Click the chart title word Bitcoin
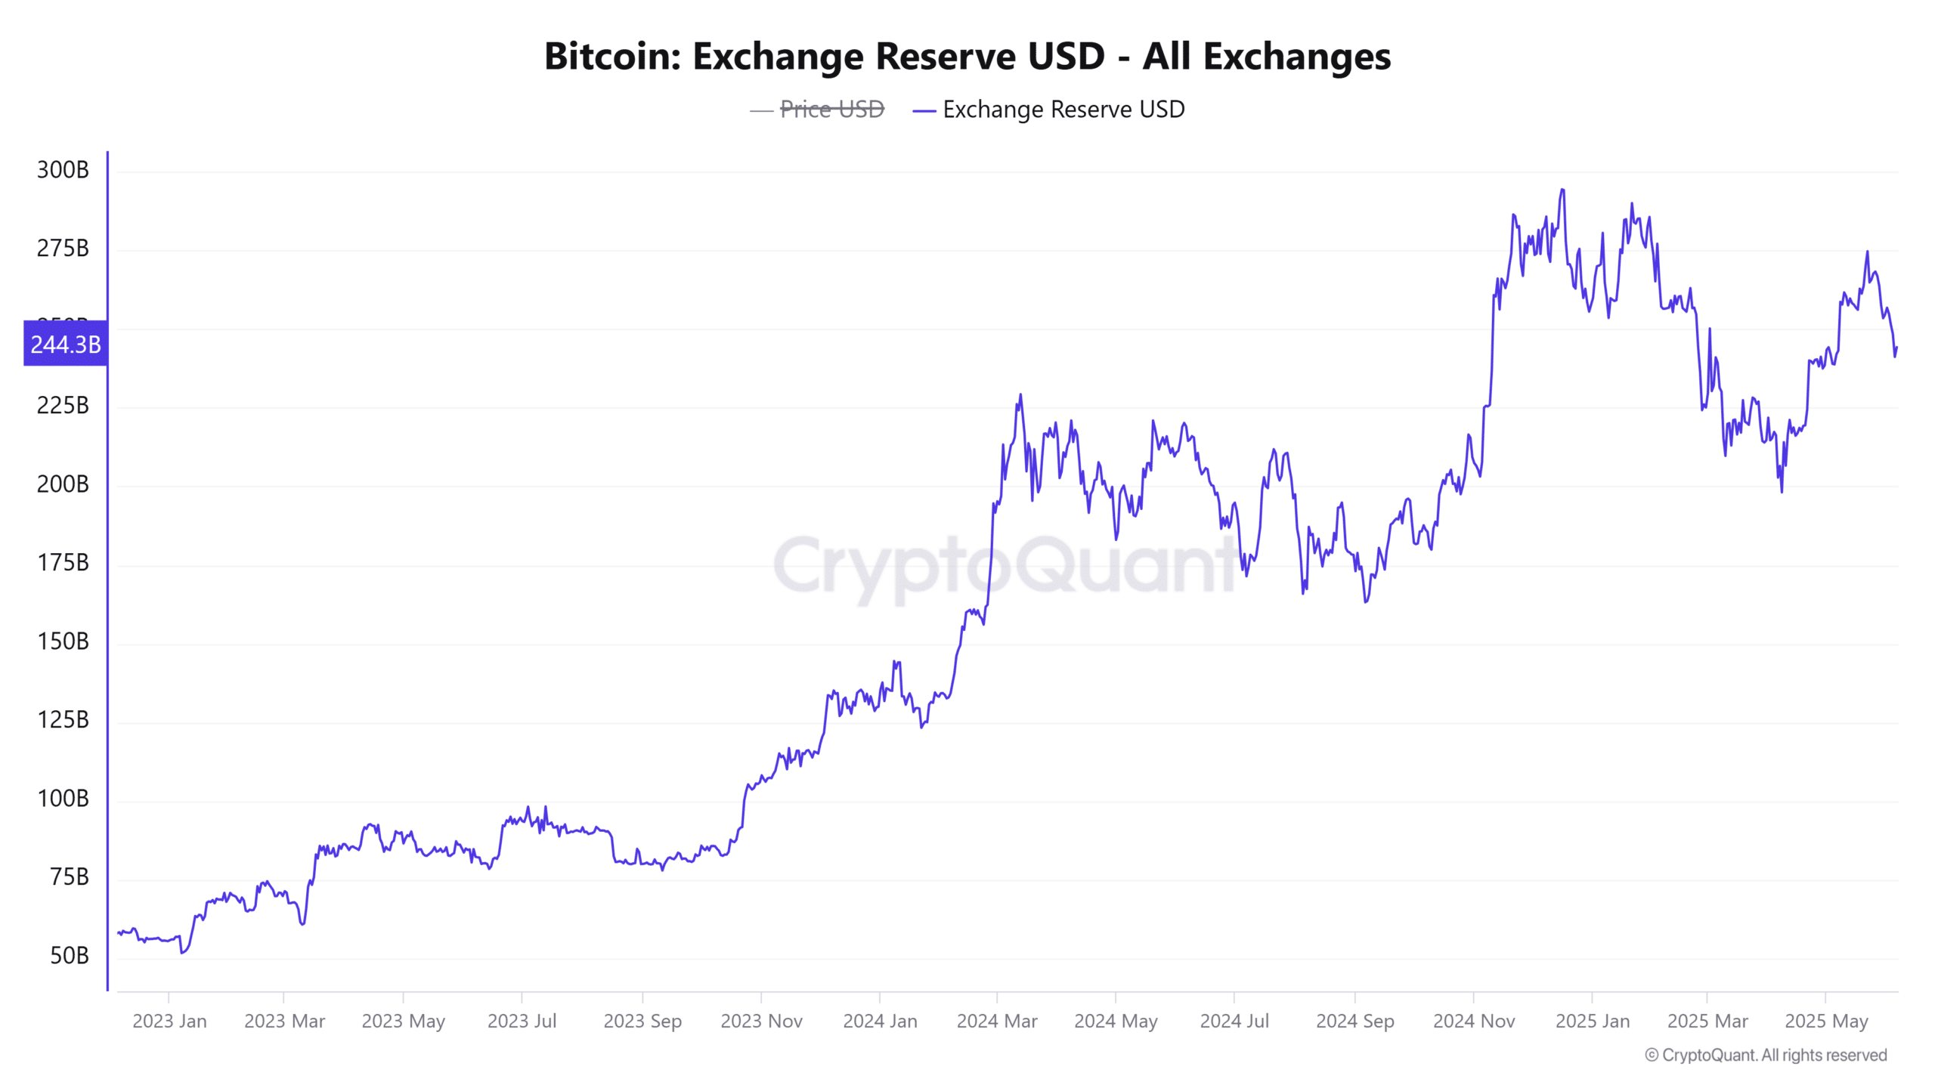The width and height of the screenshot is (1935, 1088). point(611,57)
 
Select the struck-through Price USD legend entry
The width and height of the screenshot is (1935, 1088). point(831,110)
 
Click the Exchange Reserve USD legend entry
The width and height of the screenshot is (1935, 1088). point(1063,110)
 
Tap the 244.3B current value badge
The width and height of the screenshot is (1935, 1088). point(66,345)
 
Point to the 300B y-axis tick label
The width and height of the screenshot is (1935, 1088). point(63,170)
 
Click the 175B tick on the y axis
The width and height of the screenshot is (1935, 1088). point(63,563)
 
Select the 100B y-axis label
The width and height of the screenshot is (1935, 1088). point(63,799)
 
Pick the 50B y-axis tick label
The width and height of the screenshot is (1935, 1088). point(69,956)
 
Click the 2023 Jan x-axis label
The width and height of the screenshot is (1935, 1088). point(169,1022)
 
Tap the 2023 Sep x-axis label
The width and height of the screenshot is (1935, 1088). point(642,1022)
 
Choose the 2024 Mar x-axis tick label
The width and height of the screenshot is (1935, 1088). point(997,1022)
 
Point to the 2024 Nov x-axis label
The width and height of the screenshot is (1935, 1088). point(1474,1022)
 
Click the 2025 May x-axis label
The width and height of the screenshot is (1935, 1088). point(1826,1022)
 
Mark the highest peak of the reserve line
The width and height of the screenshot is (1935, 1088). point(1562,190)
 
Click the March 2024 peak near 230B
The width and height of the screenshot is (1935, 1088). point(1020,395)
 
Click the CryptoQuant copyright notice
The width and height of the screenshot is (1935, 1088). point(1766,1056)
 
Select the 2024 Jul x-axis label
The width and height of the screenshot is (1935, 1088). point(1234,1022)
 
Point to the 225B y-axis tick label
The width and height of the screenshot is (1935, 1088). point(63,406)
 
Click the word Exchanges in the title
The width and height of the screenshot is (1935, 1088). point(1296,57)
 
